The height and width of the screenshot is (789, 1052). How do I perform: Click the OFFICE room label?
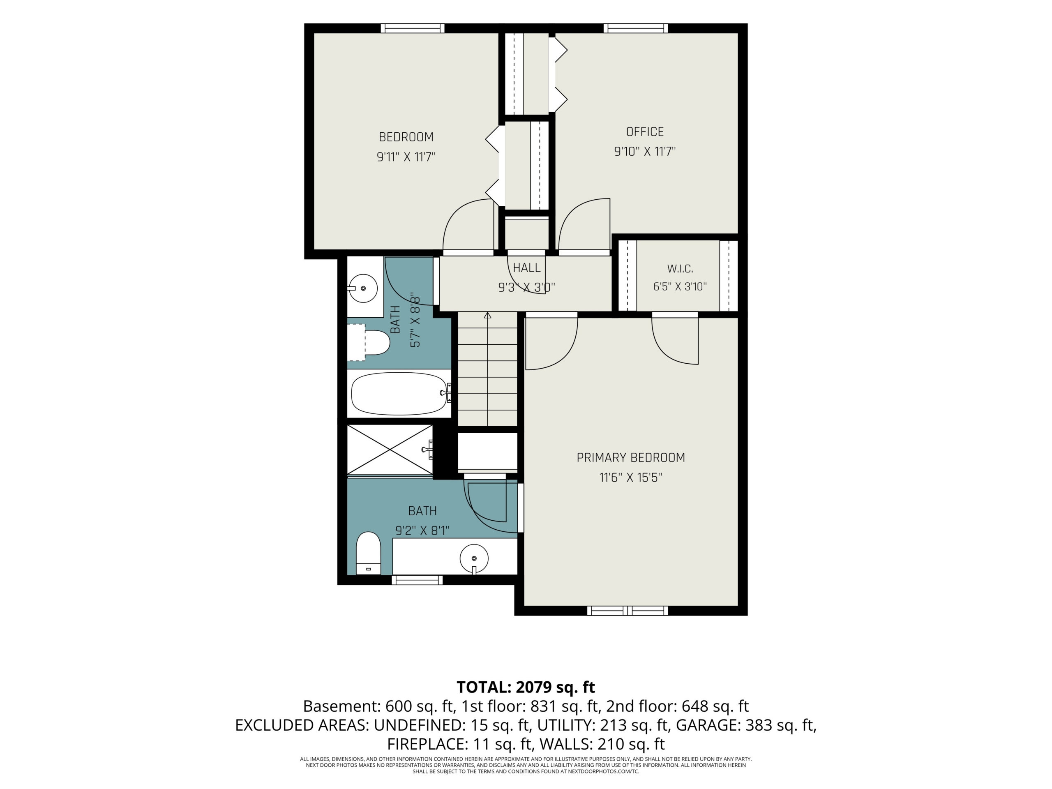tap(644, 132)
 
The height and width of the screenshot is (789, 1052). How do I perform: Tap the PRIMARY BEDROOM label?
tap(631, 457)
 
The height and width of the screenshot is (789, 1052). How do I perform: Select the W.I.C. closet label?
tap(680, 269)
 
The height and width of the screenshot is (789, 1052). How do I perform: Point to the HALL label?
tap(526, 268)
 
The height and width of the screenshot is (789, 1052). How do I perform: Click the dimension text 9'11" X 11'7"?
tap(406, 157)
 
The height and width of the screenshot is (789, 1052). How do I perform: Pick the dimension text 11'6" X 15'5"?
tap(631, 478)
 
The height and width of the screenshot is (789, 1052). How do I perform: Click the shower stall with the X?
tap(390, 450)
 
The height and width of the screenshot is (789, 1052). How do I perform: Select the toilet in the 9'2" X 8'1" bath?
tap(369, 553)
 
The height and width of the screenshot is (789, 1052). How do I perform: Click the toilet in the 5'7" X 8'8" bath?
tap(369, 342)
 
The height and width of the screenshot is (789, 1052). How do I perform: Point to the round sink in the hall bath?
tap(363, 288)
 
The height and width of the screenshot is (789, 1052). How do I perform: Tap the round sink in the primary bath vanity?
tap(474, 558)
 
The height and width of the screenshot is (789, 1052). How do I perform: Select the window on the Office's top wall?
tap(636, 28)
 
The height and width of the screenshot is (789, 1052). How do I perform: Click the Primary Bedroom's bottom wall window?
tap(628, 611)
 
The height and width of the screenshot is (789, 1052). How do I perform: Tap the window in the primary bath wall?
tap(417, 580)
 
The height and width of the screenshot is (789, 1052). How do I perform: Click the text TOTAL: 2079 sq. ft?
tap(526, 687)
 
